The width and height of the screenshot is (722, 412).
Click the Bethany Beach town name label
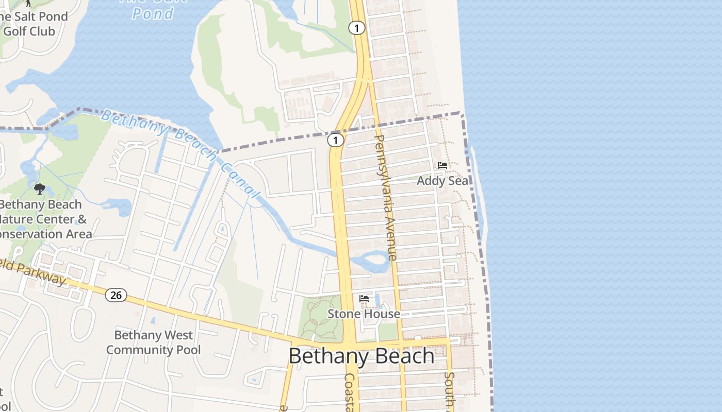pos(361,356)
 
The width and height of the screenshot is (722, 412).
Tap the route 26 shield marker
pos(116,295)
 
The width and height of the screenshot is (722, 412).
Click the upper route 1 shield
pos(356,28)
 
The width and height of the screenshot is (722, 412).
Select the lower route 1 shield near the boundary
pos(336,140)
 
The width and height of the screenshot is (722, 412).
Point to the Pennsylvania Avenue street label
pos(386,197)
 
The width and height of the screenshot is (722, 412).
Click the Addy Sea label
pos(442,181)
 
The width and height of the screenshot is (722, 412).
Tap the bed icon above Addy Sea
pos(442,165)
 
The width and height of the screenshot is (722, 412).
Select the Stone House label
pos(364,314)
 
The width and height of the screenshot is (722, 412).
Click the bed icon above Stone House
pos(364,299)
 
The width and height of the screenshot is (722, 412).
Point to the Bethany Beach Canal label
pos(180,152)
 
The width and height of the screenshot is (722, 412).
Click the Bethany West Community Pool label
pos(153,342)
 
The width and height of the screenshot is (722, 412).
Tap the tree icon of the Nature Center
pos(40,189)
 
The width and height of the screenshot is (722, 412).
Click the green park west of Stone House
pos(320,318)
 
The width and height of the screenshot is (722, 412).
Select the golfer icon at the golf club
pos(28,3)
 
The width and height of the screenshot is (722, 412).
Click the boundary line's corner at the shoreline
pos(462,114)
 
